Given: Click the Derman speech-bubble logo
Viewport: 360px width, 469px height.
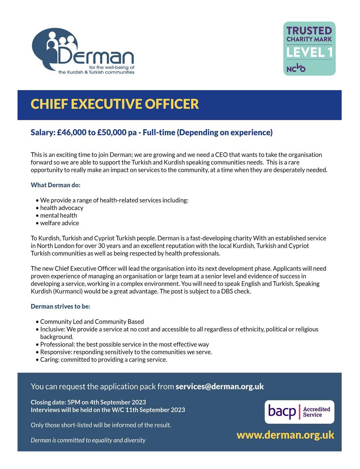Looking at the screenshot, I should pos(83,51).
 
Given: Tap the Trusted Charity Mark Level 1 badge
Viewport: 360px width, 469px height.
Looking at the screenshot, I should pos(309,48).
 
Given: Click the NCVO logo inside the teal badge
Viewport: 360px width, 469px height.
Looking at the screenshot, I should pos(296,68).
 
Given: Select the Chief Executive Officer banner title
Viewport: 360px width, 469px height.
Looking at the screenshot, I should pos(115,104).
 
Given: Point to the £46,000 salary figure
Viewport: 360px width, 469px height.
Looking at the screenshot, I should pos(71,132).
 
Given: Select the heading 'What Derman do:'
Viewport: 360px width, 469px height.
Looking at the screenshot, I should pos(55,185).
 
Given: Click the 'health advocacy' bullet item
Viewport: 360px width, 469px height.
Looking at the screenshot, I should pos(62,208).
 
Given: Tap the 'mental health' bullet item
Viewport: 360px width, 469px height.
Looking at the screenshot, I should pos(58,215).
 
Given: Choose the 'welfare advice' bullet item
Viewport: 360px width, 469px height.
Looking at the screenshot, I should pos(60,223).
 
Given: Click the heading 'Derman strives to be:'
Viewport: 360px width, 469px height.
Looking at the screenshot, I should pos(60,306).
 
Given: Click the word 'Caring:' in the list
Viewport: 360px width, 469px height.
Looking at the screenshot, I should pos(49,360).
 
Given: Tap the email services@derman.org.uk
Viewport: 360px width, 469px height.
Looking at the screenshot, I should pos(220,387).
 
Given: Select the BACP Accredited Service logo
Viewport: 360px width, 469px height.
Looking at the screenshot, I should pos(299,412).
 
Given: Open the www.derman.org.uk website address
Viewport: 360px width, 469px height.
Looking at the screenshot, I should pos(285,435).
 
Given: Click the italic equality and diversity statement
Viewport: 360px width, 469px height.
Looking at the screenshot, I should pos(88,440).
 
